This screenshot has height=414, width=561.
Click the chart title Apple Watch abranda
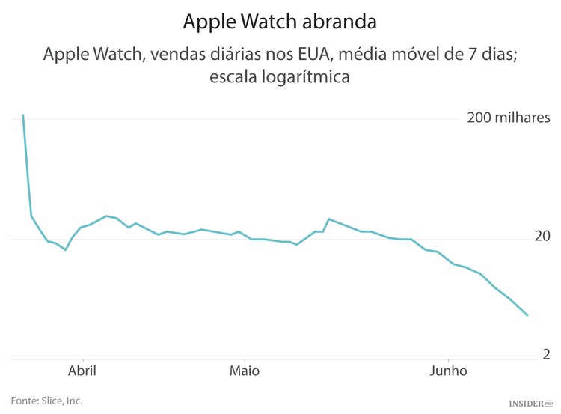[280, 22]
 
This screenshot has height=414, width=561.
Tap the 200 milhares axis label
[509, 118]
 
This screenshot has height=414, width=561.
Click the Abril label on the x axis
[82, 371]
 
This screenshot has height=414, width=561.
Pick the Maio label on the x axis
[244, 371]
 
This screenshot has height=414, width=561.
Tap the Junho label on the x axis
[448, 371]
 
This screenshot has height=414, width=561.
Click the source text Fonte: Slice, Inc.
[46, 401]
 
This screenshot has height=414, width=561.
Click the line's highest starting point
[23, 115]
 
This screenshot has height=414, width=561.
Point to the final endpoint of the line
[527, 315]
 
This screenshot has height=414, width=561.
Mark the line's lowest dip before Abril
[66, 249]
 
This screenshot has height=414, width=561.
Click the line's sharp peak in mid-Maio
[329, 219]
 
